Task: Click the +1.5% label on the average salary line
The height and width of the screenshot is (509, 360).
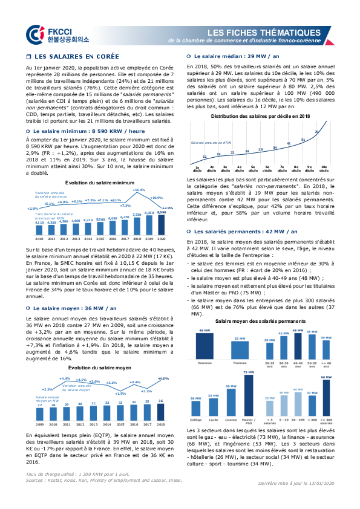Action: [120, 393]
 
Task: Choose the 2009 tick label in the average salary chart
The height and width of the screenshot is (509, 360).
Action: [38, 425]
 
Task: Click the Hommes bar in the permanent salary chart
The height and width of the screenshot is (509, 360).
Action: [205, 346]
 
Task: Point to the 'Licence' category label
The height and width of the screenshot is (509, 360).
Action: [231, 420]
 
